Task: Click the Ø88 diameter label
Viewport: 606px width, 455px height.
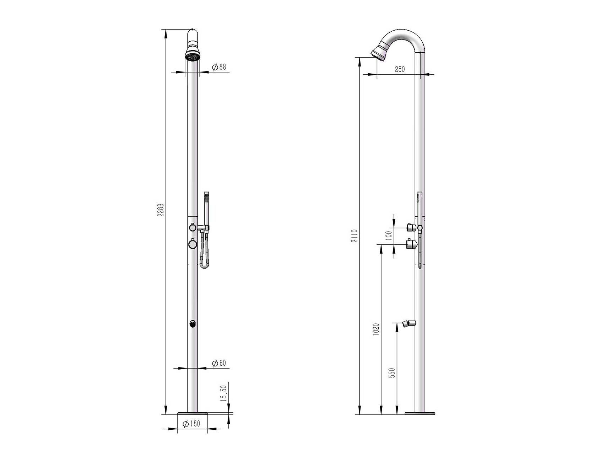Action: tap(219, 67)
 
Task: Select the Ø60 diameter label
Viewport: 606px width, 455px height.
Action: tap(219, 363)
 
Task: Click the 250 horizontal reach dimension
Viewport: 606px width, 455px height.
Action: tap(400, 69)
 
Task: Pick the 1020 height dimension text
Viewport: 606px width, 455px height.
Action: tap(376, 330)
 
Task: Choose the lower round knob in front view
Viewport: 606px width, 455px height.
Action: tap(192, 244)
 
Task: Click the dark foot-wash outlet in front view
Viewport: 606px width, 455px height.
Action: tap(192, 323)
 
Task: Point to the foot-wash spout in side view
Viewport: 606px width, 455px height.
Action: tap(409, 323)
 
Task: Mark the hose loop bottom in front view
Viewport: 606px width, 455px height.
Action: tap(204, 266)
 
